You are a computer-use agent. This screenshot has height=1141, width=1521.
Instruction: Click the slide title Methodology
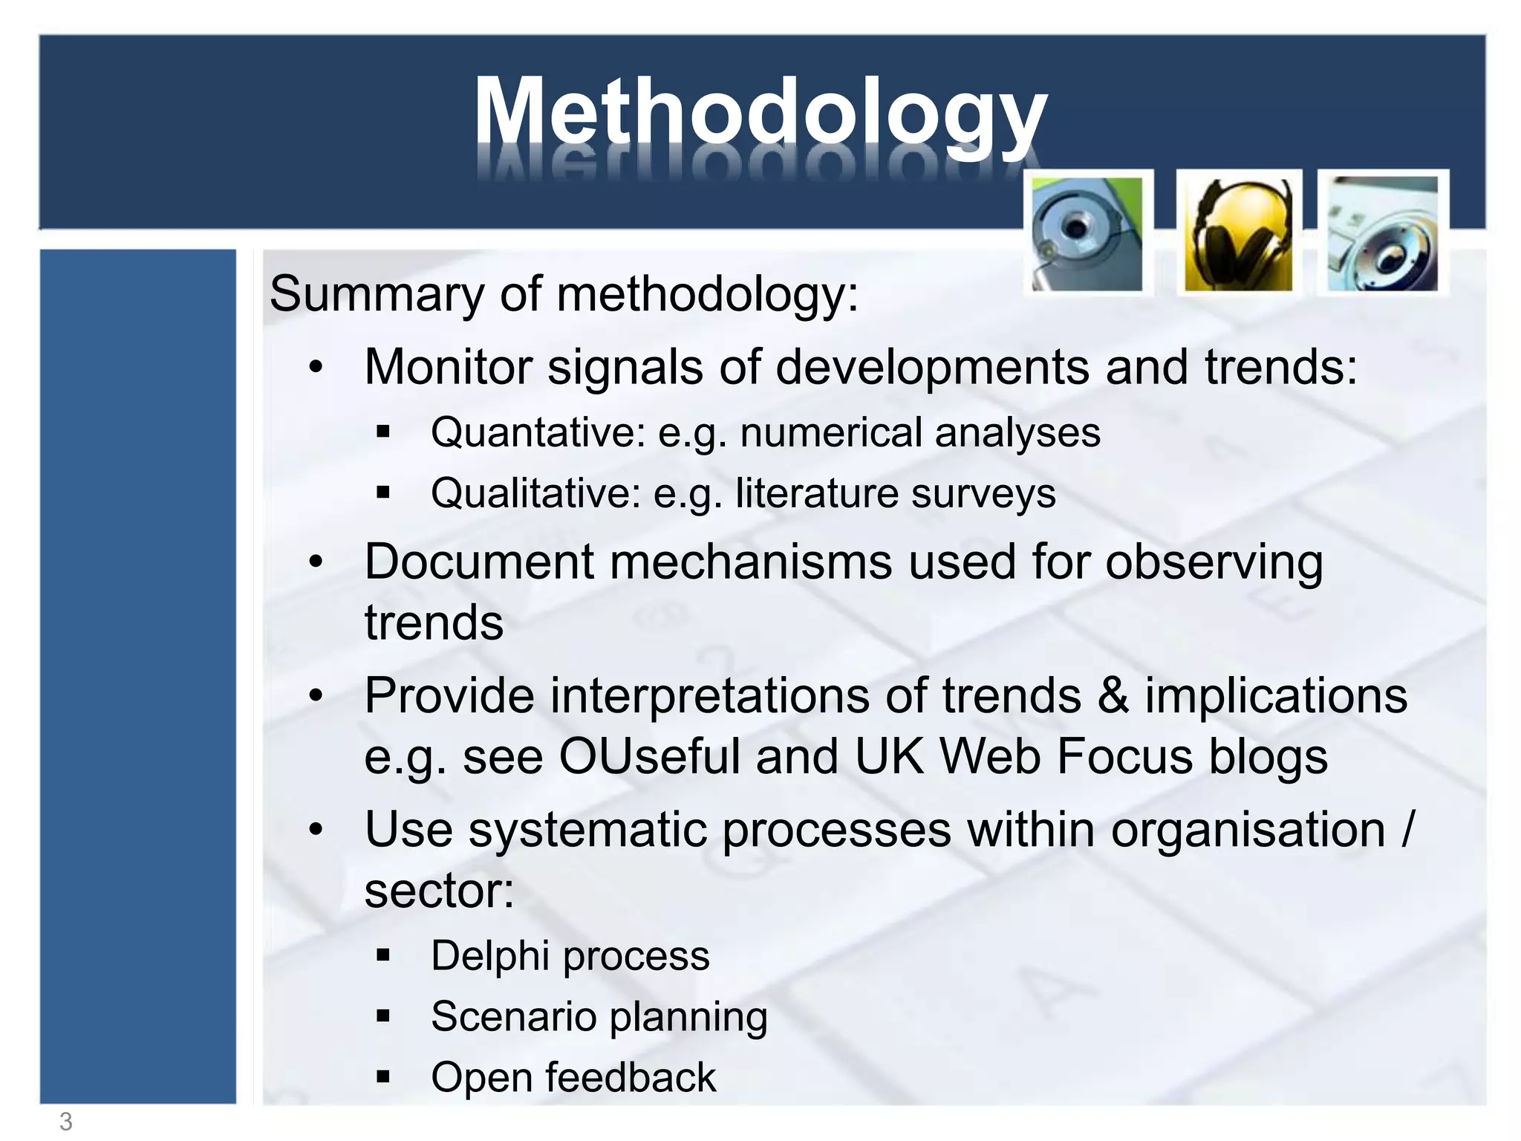click(760, 111)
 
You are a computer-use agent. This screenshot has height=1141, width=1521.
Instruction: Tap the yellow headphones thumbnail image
click(1238, 234)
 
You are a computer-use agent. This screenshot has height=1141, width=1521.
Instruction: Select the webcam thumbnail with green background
click(1087, 234)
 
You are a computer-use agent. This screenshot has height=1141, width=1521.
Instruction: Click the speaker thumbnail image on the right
click(1382, 234)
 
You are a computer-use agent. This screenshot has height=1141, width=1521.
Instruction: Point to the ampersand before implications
click(1112, 696)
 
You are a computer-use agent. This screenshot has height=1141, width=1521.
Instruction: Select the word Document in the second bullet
click(479, 562)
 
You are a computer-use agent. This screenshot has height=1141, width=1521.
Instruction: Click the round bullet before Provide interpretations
click(316, 696)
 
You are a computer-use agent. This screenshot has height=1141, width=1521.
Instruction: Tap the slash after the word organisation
click(1407, 830)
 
